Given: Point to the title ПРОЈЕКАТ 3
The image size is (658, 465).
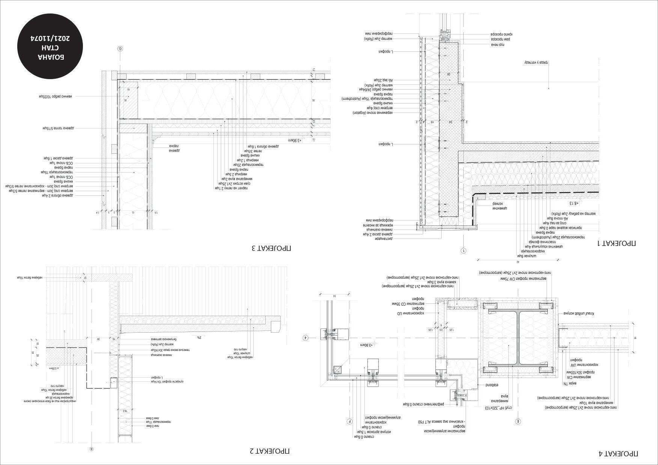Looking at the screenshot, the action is pyautogui.click(x=271, y=248).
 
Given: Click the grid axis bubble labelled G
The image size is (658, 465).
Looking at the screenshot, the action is pyautogui.click(x=120, y=49).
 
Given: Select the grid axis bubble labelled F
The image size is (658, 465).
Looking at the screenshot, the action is pyautogui.click(x=349, y=421).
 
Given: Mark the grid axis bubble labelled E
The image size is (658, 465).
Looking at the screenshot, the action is pyautogui.click(x=518, y=421).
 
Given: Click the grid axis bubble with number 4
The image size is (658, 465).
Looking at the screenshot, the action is pyautogui.click(x=306, y=338).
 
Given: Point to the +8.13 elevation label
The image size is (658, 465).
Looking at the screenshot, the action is pyautogui.click(x=574, y=203).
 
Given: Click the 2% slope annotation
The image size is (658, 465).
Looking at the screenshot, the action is pyautogui.click(x=199, y=337).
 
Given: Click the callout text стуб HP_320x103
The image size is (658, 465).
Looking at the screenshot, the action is pyautogui.click(x=496, y=408).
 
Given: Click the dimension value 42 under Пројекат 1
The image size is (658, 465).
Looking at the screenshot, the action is pyautogui.click(x=517, y=261).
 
